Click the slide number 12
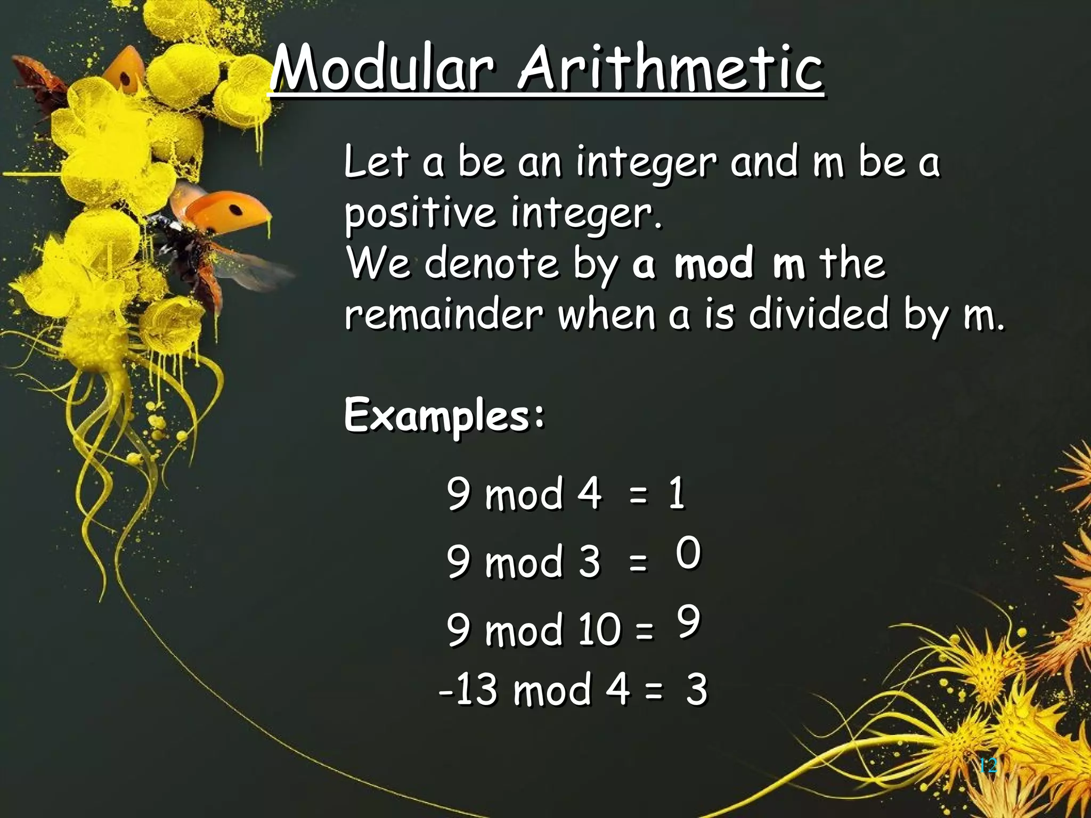[988, 766]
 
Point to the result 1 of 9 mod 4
[677, 493]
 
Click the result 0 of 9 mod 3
[688, 553]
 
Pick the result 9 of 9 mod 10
[688, 621]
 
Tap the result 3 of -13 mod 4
[696, 690]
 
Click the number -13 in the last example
[469, 690]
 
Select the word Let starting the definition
[376, 162]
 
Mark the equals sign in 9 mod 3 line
[638, 562]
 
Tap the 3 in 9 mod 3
[589, 562]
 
